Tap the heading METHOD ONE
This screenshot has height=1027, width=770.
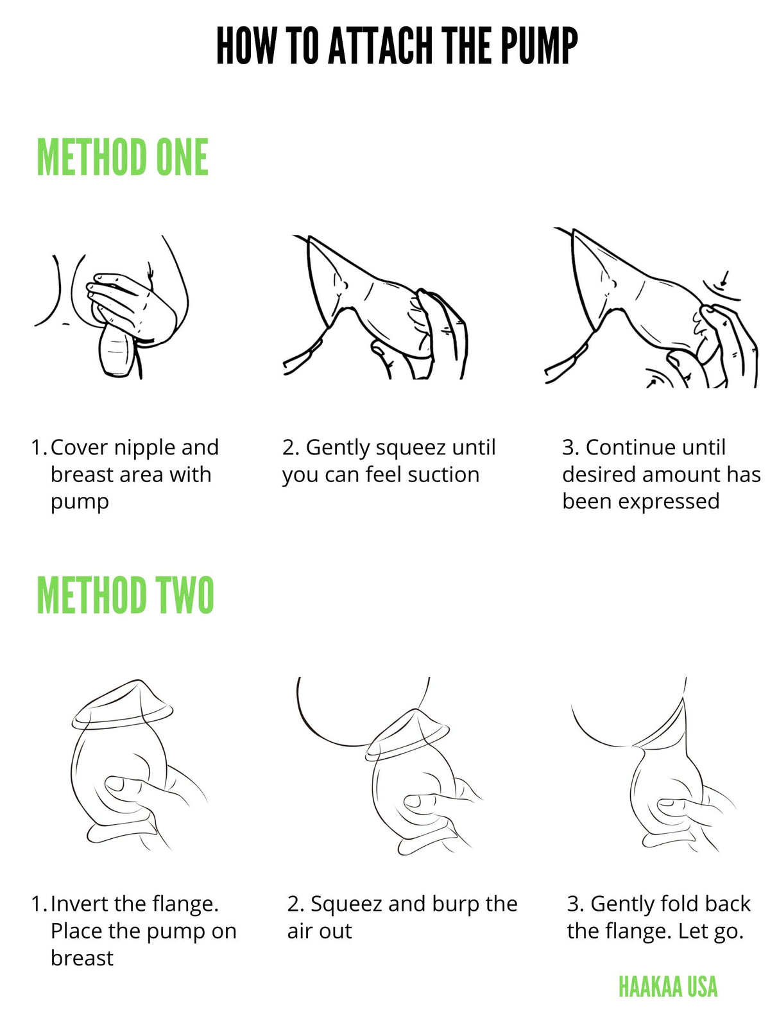coord(123,157)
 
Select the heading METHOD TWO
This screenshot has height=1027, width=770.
coord(125,595)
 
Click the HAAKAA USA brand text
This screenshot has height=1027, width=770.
coord(667,987)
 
